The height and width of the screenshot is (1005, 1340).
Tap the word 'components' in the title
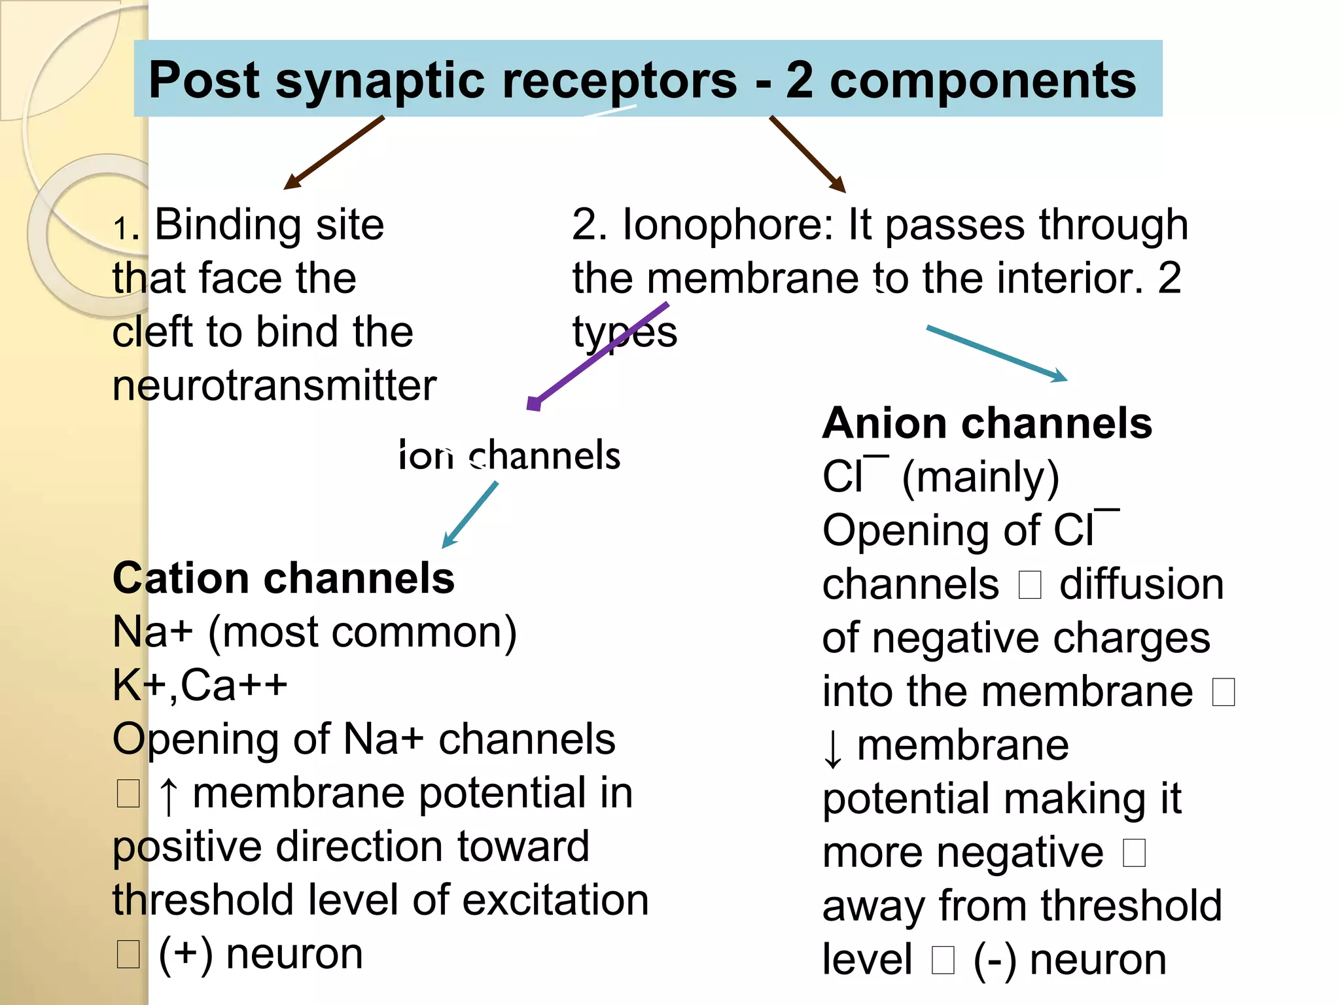click(983, 80)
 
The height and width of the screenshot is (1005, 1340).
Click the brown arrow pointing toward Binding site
click(334, 152)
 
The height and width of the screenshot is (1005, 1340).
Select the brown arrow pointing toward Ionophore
click(808, 154)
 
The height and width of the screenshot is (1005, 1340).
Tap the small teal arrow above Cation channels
click(470, 514)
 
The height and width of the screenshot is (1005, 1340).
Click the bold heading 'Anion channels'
click(987, 423)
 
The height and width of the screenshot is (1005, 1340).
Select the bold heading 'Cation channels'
click(283, 578)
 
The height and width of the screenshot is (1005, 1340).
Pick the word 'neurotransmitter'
click(274, 385)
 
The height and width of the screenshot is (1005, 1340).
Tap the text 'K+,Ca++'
click(200, 686)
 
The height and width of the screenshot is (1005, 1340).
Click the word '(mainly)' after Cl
click(980, 477)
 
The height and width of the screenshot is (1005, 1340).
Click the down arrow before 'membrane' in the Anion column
click(832, 748)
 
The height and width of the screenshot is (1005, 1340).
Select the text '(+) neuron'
click(260, 954)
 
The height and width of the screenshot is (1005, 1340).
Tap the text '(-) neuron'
click(1070, 960)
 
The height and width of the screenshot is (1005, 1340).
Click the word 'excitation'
click(555, 900)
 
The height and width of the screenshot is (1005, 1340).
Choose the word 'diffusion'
click(1141, 584)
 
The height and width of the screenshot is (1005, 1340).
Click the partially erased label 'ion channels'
click(510, 455)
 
